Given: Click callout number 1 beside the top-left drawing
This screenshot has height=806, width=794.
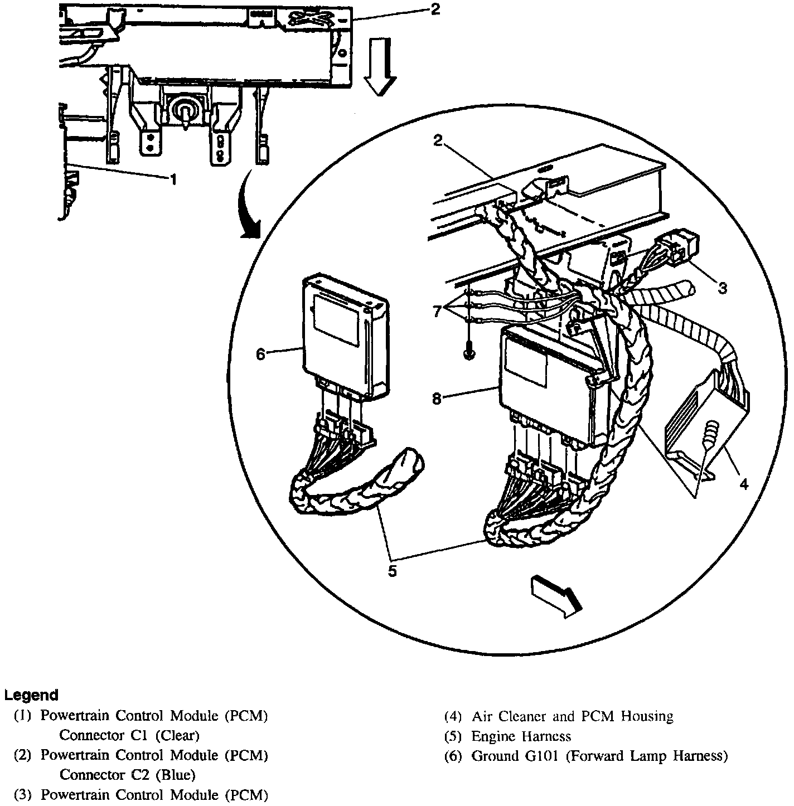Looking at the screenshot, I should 175,179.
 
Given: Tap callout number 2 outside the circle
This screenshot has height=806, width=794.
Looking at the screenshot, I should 434,9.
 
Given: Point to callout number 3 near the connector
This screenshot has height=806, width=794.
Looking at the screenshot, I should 723,288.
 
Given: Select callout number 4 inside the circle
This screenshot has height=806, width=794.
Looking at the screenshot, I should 744,484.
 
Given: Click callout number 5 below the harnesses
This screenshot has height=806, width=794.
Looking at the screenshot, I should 393,571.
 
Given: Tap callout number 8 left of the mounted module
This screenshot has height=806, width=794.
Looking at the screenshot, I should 437,399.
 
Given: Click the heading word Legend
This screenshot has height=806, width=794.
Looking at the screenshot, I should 31,695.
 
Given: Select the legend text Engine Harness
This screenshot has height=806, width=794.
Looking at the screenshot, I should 521,736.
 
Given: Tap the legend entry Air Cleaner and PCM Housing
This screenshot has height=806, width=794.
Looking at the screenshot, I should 572,716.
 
